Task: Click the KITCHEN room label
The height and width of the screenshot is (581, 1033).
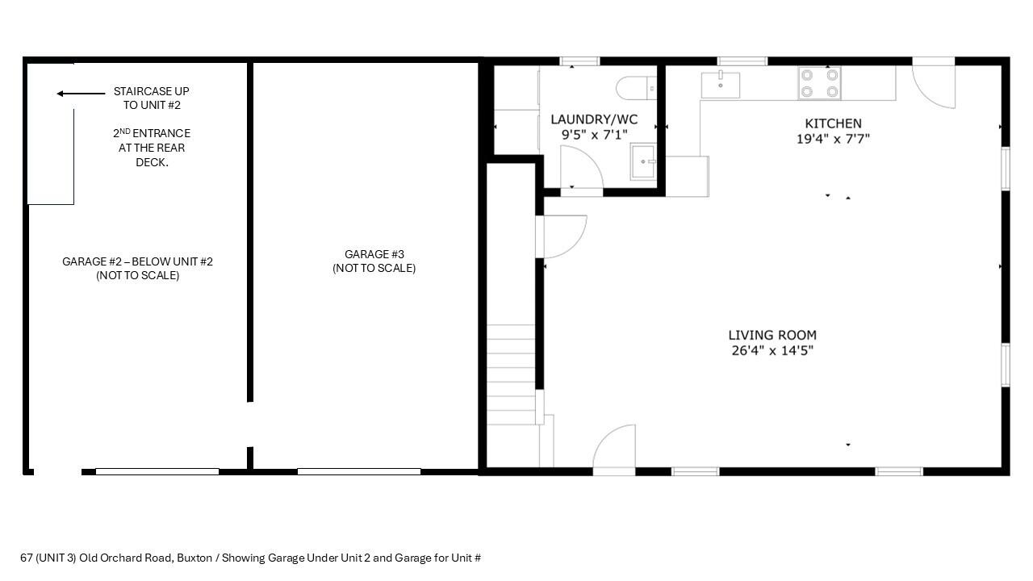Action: [x=833, y=123]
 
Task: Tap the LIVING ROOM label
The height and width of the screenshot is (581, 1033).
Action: [x=772, y=335]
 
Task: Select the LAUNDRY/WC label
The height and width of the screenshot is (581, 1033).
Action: [x=594, y=119]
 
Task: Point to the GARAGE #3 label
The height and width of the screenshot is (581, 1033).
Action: [x=374, y=254]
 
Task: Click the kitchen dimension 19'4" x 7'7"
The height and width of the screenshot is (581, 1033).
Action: [x=833, y=139]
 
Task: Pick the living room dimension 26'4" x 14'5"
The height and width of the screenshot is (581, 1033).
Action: [x=772, y=350]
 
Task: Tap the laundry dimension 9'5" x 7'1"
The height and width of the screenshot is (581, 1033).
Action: [x=594, y=135]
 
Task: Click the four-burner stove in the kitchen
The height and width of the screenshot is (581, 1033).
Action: [x=819, y=82]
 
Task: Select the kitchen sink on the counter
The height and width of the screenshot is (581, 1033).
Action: [x=720, y=84]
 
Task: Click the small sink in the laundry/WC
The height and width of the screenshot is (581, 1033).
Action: [x=643, y=161]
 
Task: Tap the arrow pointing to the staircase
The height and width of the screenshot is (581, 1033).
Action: [x=81, y=94]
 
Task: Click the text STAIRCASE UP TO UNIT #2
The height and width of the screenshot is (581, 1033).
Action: [x=151, y=98]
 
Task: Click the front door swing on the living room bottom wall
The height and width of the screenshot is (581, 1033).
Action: [x=615, y=448]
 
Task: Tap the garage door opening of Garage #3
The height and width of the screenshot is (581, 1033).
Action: [x=358, y=471]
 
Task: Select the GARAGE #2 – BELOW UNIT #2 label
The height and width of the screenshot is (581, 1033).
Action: [x=137, y=261]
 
